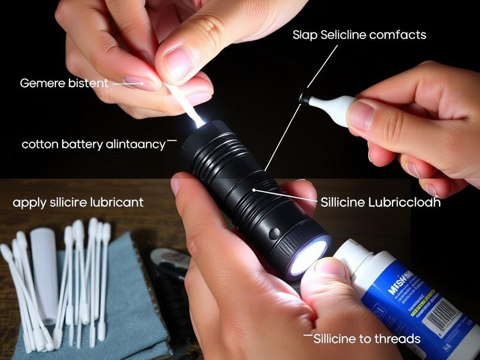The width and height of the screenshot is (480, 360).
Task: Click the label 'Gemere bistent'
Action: click(x=64, y=83)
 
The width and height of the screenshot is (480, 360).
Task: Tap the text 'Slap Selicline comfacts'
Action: click(x=359, y=35)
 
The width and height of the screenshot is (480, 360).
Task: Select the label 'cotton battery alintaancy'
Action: click(x=93, y=144)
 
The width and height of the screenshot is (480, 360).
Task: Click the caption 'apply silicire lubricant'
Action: click(x=78, y=202)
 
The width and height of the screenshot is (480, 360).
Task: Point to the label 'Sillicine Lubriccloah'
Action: click(x=380, y=202)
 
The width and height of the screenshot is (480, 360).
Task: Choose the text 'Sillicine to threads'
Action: click(x=367, y=338)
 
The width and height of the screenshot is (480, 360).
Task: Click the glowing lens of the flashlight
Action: click(x=308, y=257)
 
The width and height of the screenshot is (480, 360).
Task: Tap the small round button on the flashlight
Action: click(x=274, y=233)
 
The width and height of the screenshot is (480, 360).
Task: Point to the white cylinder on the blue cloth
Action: click(x=45, y=270)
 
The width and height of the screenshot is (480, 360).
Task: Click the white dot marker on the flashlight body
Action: click(x=254, y=190)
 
